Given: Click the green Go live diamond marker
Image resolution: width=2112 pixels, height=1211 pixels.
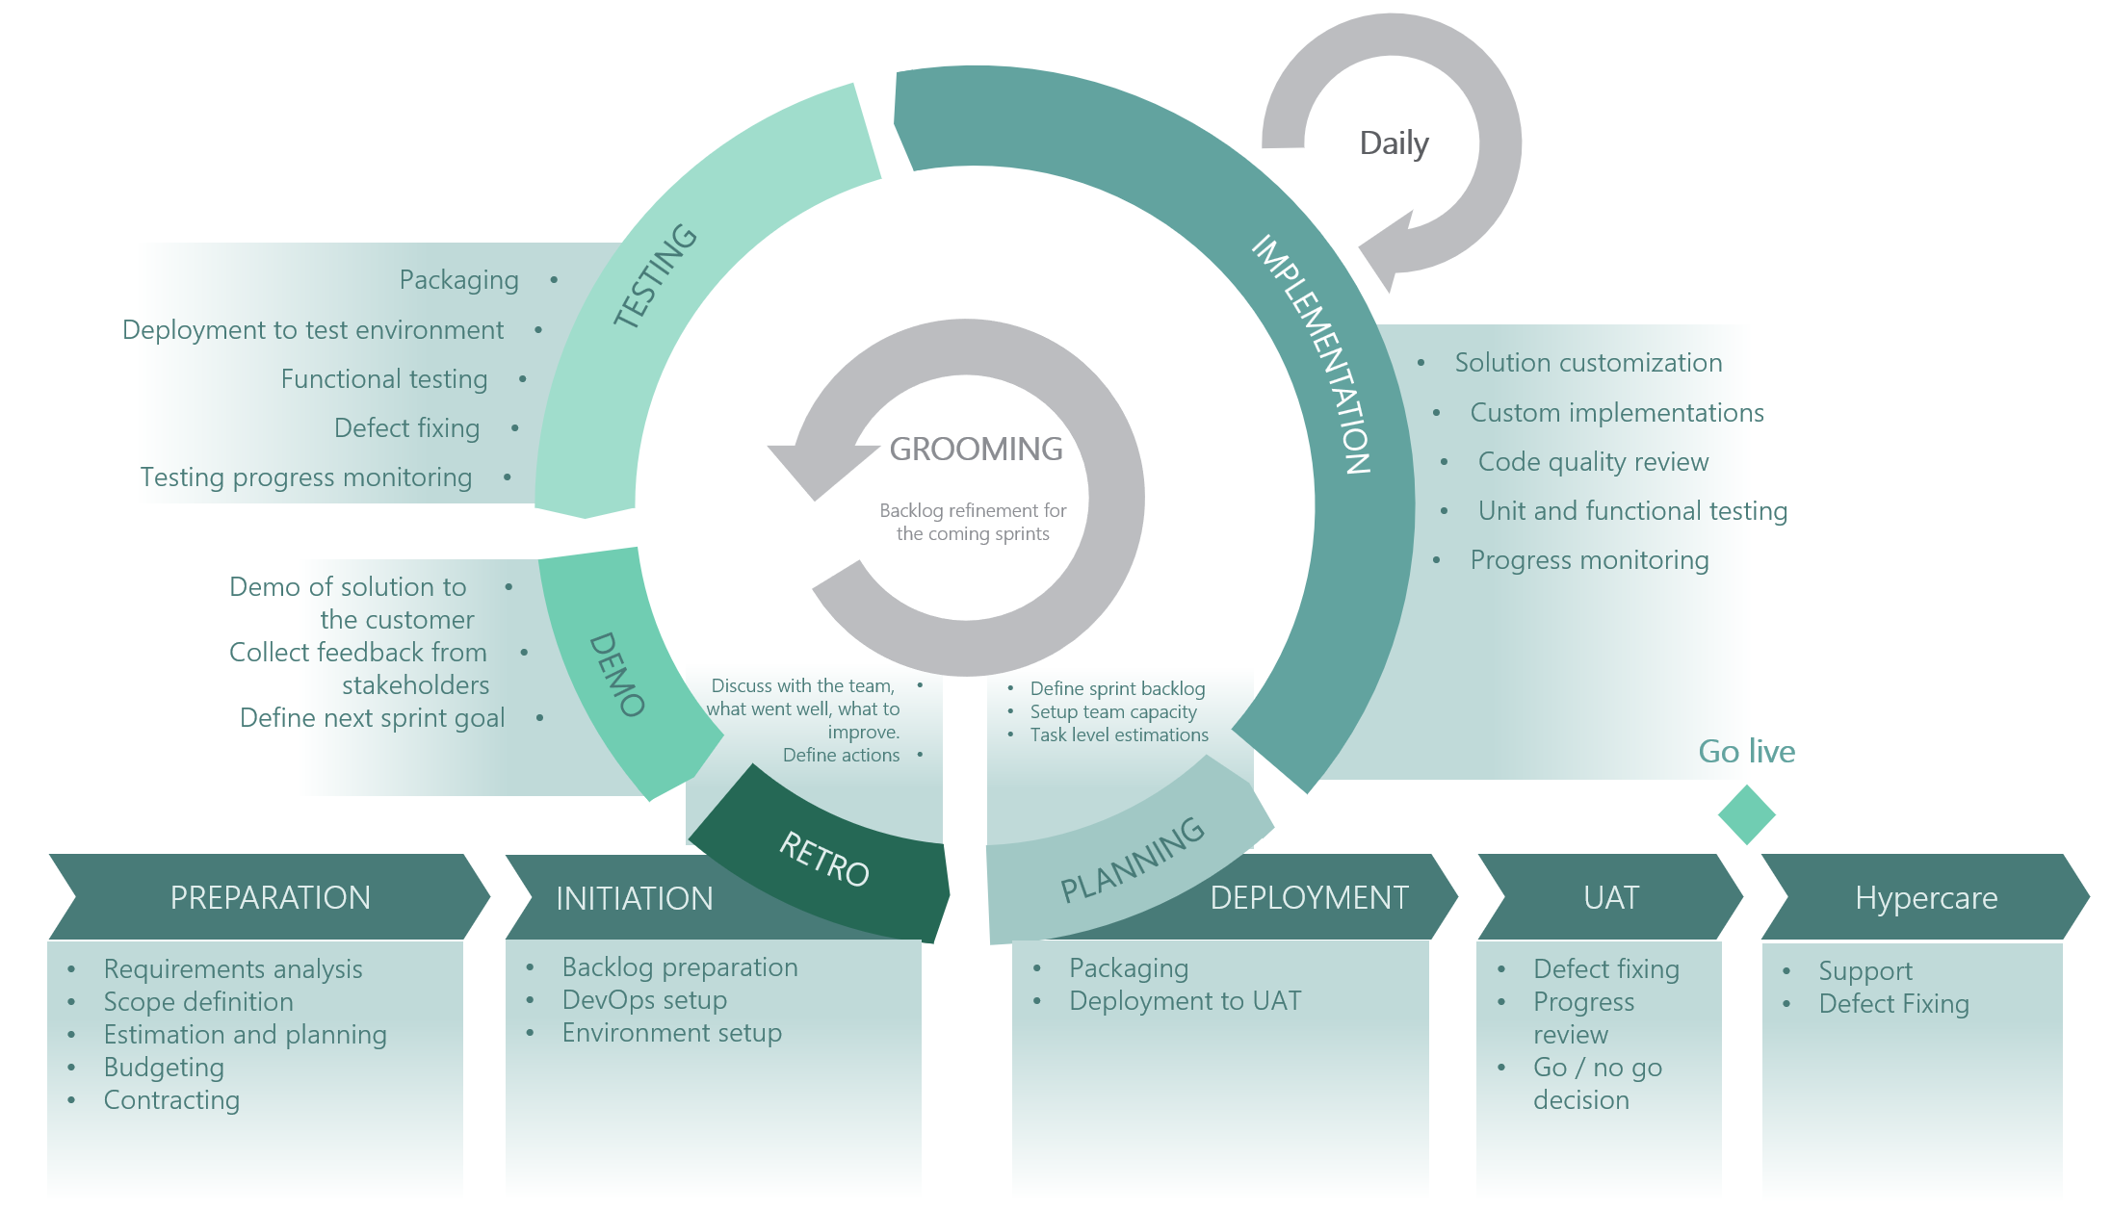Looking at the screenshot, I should (1746, 814).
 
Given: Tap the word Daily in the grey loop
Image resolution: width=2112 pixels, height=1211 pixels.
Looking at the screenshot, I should (1394, 143).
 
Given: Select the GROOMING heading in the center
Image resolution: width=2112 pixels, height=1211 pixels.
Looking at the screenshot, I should (976, 449).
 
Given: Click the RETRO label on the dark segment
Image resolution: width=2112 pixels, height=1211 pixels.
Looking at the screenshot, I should (824, 859).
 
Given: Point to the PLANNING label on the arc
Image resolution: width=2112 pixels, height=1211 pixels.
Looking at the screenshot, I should (1133, 860).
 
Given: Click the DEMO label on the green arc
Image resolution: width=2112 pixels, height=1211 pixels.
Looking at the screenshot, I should (616, 674).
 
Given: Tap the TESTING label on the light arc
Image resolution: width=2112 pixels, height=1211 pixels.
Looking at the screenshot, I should (656, 275).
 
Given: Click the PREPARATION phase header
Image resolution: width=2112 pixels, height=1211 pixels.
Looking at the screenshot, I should (270, 897).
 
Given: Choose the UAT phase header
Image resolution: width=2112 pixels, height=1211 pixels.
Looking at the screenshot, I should (1611, 897).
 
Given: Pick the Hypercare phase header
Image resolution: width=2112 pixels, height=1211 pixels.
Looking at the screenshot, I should (1926, 897).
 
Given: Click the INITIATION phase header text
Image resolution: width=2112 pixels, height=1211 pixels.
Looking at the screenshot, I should (635, 898).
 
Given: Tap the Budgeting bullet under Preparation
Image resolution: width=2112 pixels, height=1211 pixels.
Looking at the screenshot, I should (164, 1067).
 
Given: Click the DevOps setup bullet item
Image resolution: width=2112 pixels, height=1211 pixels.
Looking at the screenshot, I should (644, 999).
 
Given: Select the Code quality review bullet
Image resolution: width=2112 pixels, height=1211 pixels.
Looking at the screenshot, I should (1593, 462).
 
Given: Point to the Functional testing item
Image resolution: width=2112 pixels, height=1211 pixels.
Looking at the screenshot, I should (384, 379).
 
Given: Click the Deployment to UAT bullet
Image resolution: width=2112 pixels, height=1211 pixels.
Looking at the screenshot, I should (1185, 1001).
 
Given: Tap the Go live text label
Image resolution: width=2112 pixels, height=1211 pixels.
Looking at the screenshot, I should (1746, 751).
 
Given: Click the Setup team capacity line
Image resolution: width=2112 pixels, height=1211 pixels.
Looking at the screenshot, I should (1113, 712).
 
